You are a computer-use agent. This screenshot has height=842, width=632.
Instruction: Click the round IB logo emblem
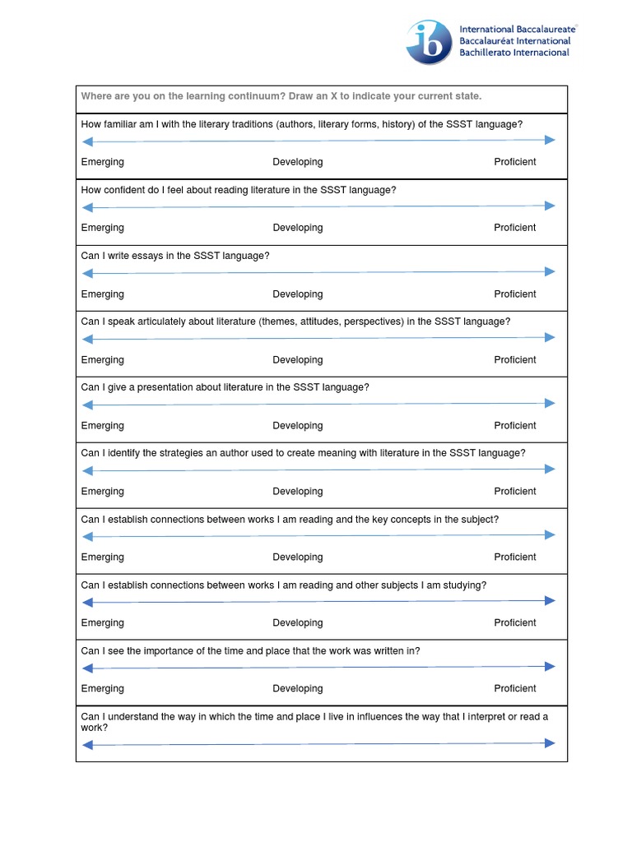coord(429,43)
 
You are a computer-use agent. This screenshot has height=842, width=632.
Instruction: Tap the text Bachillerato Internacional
coord(514,53)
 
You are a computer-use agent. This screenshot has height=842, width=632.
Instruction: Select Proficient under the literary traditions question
coord(514,162)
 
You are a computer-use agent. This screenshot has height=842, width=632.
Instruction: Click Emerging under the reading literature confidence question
coord(102,228)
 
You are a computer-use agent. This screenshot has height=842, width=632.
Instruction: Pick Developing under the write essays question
coord(297,294)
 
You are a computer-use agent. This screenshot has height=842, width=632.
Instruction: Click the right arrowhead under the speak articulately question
coord(551,337)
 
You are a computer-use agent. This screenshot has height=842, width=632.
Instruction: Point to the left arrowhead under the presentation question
coord(86,405)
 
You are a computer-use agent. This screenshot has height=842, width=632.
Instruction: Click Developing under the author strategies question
coord(297,492)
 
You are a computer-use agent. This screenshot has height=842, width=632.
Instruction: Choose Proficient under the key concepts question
coord(514,557)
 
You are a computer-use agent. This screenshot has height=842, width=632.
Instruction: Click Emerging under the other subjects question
coord(102,623)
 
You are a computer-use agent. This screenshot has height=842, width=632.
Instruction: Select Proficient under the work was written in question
coord(514,689)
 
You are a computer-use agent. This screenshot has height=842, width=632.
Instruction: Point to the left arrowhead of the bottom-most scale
coord(86,745)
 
